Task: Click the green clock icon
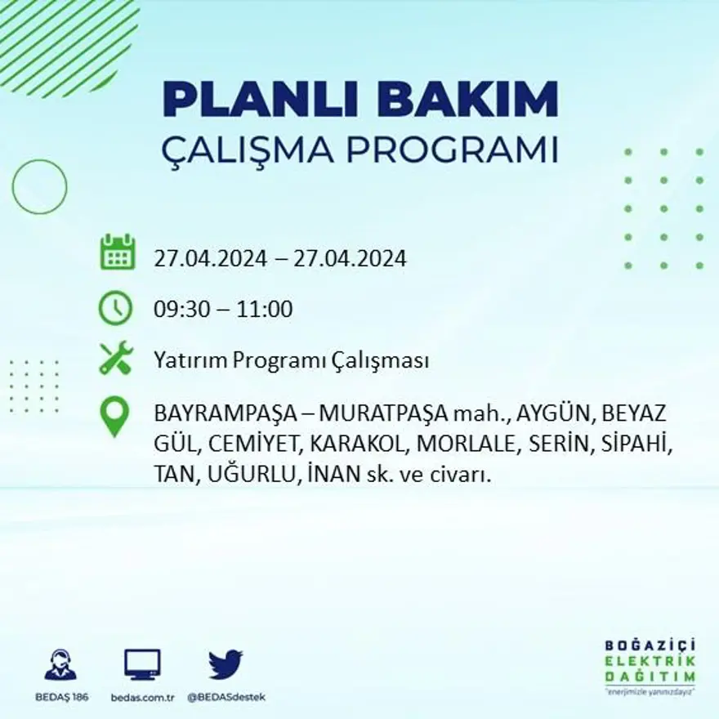click(x=115, y=308)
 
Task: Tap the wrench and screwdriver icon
click(x=116, y=358)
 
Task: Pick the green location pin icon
click(x=114, y=416)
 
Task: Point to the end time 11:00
click(x=266, y=310)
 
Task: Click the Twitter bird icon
click(x=226, y=664)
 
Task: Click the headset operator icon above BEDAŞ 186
click(x=60, y=665)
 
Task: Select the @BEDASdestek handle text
click(x=226, y=697)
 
